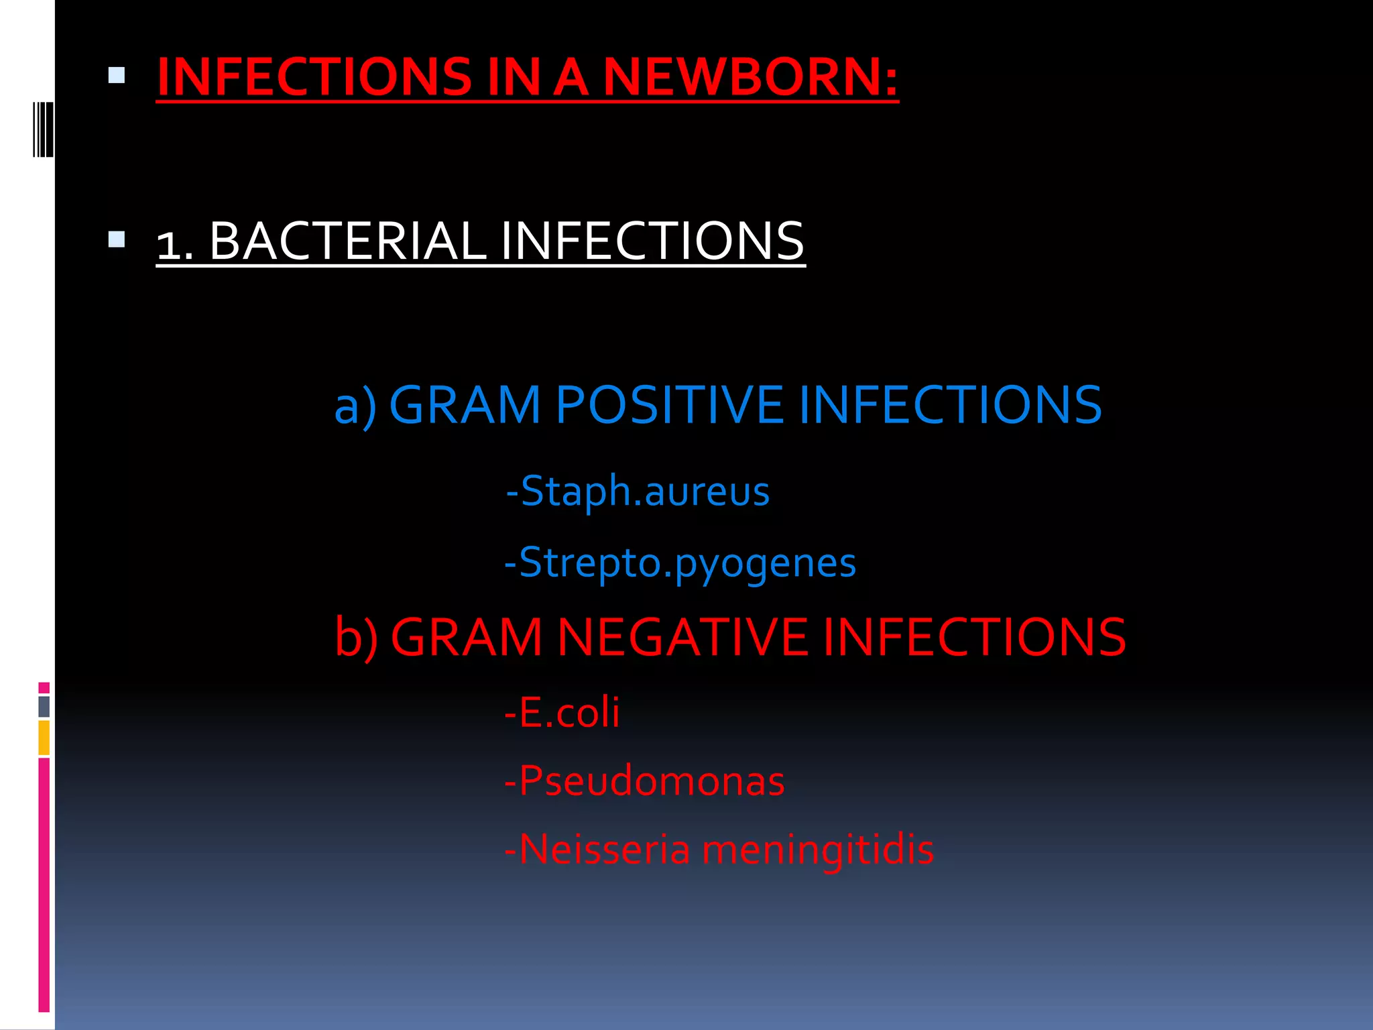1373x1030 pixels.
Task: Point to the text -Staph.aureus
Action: pyautogui.click(x=638, y=492)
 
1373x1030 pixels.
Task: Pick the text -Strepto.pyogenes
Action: pyautogui.click(x=680, y=563)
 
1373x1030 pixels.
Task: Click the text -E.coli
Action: pyautogui.click(x=562, y=712)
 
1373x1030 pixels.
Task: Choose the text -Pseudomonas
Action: pyautogui.click(x=644, y=781)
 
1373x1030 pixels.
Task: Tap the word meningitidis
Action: pyautogui.click(x=817, y=850)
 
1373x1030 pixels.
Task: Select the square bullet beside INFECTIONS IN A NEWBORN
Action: pyautogui.click(x=117, y=75)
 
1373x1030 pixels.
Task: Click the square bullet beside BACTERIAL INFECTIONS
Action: pyautogui.click(x=117, y=239)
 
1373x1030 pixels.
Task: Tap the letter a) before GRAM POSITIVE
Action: pyautogui.click(x=355, y=406)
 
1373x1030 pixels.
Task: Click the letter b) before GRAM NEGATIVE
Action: pyautogui.click(x=356, y=638)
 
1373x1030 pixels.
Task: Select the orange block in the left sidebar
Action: pyautogui.click(x=44, y=738)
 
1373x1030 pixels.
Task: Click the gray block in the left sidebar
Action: pyautogui.click(x=44, y=707)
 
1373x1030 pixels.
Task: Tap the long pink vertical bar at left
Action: pyautogui.click(x=44, y=885)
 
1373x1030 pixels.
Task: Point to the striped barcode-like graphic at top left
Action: pyautogui.click(x=43, y=129)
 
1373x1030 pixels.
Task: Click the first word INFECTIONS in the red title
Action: pyautogui.click(x=314, y=76)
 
